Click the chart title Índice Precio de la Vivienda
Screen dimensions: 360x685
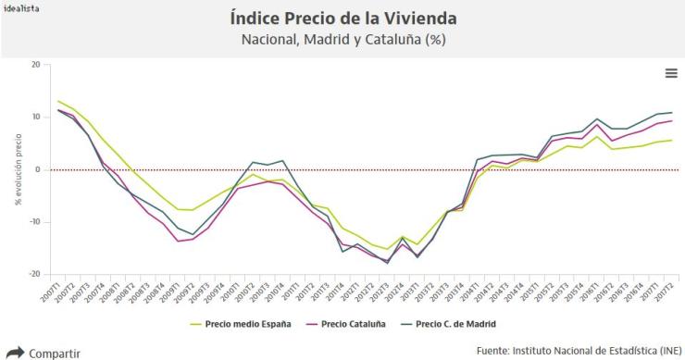coord(342,19)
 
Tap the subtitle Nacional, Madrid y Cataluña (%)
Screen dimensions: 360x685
coord(342,40)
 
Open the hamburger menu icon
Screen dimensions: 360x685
coord(671,73)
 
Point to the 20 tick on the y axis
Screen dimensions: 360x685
coord(35,65)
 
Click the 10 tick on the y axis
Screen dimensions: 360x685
coord(35,117)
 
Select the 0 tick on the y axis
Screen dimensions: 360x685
coord(37,169)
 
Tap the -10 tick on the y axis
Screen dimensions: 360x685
coord(33,222)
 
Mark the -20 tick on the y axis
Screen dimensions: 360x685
coord(33,274)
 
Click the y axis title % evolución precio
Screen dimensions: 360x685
coord(18,169)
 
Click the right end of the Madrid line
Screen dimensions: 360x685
coord(645,112)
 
